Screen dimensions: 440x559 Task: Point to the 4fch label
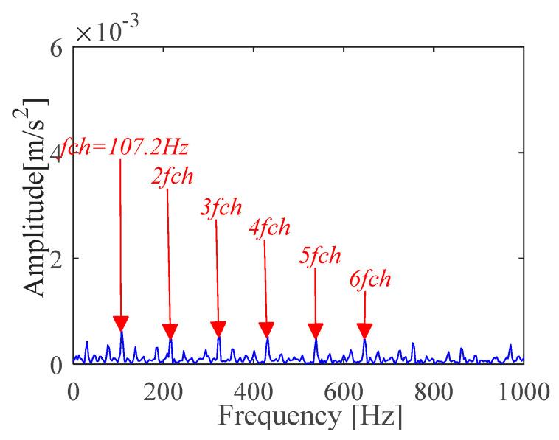click(269, 228)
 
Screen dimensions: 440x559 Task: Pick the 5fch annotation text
click(319, 256)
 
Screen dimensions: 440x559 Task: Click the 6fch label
click(369, 280)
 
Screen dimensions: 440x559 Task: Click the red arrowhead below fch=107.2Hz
click(121, 324)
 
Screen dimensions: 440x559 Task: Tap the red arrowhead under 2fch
click(170, 331)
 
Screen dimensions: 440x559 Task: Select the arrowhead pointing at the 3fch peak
click(218, 329)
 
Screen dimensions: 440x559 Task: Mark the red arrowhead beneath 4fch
click(267, 330)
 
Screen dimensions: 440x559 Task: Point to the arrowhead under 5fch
click(316, 331)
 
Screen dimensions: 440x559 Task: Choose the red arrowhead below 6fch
click(364, 330)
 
